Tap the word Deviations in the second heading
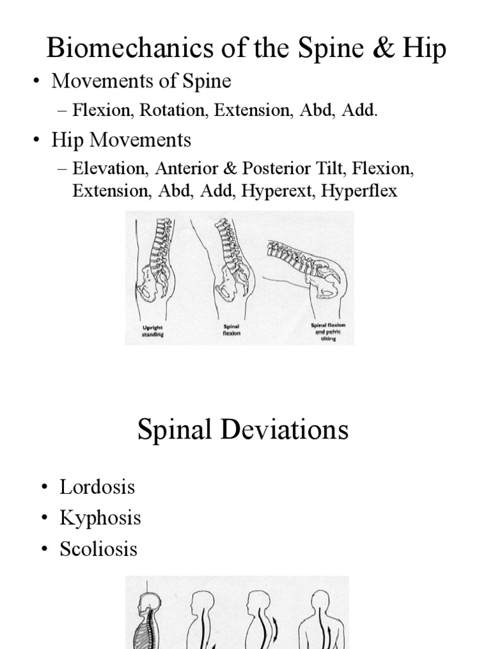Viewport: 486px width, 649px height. [x=286, y=430]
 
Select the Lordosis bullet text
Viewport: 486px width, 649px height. [x=97, y=487]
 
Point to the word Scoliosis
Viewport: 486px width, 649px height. [x=98, y=548]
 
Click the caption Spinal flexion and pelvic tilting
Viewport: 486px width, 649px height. [x=328, y=331]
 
